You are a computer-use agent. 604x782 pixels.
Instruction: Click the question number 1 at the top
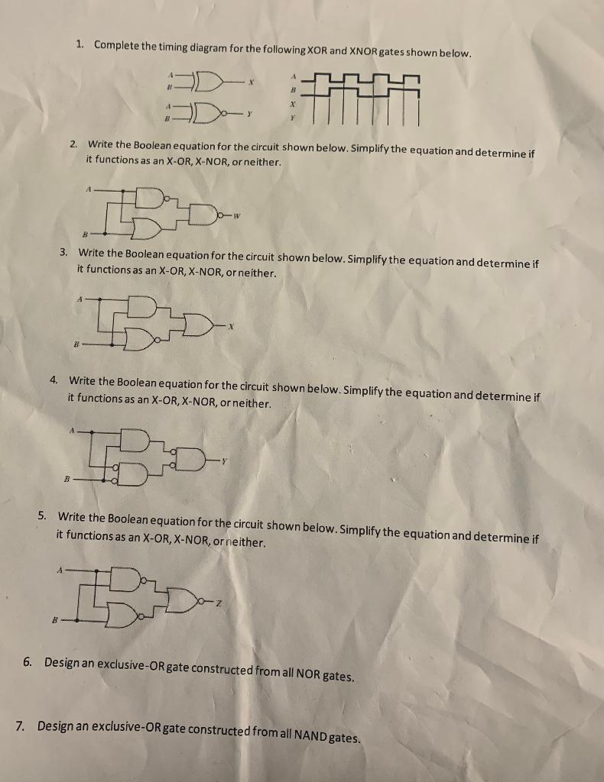80,44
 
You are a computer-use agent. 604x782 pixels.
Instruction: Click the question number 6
27,661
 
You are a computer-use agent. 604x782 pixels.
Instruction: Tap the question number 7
20,724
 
